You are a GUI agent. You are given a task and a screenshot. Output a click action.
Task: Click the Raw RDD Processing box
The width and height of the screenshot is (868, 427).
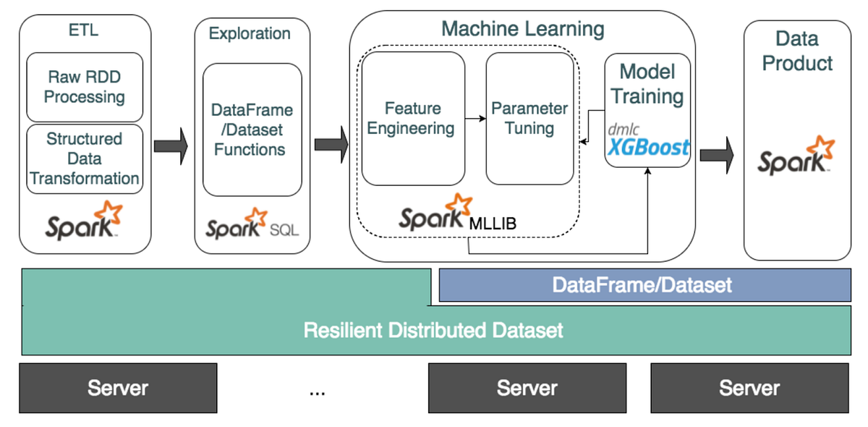point(85,86)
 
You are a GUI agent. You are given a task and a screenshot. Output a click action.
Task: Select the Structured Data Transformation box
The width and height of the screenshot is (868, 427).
point(85,158)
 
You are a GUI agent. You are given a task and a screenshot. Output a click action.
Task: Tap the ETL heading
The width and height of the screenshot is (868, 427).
point(85,30)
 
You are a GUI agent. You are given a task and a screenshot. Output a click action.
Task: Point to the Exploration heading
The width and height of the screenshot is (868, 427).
point(250,33)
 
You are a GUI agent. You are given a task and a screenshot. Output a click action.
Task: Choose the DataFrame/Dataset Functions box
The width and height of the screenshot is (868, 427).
point(252,130)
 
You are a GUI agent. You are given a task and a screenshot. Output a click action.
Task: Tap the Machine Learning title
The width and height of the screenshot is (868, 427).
point(522,29)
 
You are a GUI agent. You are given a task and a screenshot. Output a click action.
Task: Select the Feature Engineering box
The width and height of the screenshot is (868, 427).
point(412,118)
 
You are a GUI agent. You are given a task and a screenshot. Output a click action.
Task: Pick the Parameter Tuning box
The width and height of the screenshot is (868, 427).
point(529,118)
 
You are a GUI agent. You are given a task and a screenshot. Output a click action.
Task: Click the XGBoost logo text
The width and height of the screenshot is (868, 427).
point(648,148)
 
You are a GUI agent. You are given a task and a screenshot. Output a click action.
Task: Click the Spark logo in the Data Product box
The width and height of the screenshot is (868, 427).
point(796,156)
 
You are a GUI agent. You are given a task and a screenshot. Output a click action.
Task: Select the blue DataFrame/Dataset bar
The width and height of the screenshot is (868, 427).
point(644,284)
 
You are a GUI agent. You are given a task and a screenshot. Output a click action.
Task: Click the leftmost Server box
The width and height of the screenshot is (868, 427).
point(118,388)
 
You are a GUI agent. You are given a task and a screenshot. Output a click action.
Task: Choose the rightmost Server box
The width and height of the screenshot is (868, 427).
point(749,388)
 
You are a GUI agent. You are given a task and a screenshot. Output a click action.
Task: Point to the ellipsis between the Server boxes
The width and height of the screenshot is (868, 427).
point(317,392)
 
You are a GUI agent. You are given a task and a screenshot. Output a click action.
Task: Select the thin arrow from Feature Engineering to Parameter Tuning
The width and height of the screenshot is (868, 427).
point(475,118)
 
